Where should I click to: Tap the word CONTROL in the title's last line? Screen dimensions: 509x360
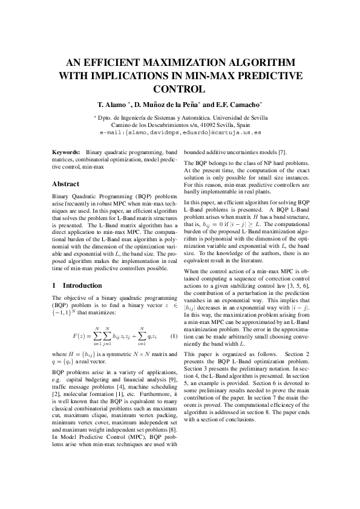(x=180, y=88)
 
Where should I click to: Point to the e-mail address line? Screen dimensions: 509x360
(x=180, y=131)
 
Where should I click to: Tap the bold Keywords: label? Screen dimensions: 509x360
(x=66, y=154)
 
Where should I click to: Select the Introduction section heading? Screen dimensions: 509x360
(x=82, y=285)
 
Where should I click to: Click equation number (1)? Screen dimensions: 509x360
(x=173, y=336)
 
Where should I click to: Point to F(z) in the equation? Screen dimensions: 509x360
(x=80, y=336)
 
